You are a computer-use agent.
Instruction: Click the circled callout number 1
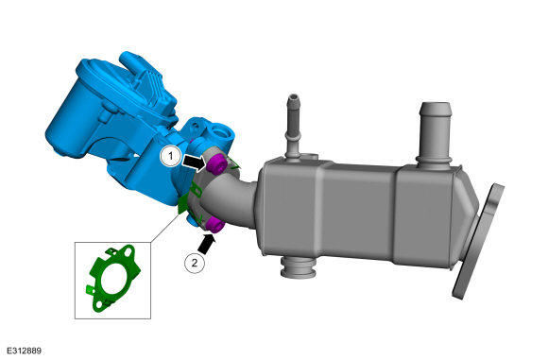click(170, 156)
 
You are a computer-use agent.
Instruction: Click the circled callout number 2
click(195, 263)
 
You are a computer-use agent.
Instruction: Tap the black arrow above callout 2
click(207, 244)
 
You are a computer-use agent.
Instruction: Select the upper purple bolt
click(215, 163)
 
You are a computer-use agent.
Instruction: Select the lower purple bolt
click(214, 225)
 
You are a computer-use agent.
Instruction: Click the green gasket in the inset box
click(111, 278)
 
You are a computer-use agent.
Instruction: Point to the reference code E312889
click(24, 351)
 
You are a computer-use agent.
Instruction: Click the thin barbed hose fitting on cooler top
click(293, 126)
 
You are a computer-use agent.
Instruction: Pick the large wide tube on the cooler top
click(435, 133)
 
